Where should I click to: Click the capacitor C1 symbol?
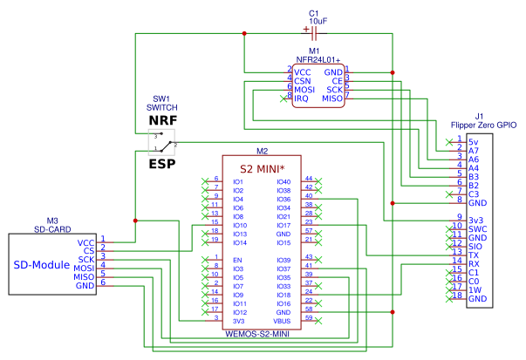313,33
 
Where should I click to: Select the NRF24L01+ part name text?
314,59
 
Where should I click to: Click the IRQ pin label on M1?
301,99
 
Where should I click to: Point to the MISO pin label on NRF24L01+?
332,98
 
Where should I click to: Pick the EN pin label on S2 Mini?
236,261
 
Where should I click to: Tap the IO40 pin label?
283,181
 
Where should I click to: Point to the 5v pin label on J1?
473,141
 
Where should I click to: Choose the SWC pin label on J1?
477,228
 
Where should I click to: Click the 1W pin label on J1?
475,290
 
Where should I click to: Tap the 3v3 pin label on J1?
475,219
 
